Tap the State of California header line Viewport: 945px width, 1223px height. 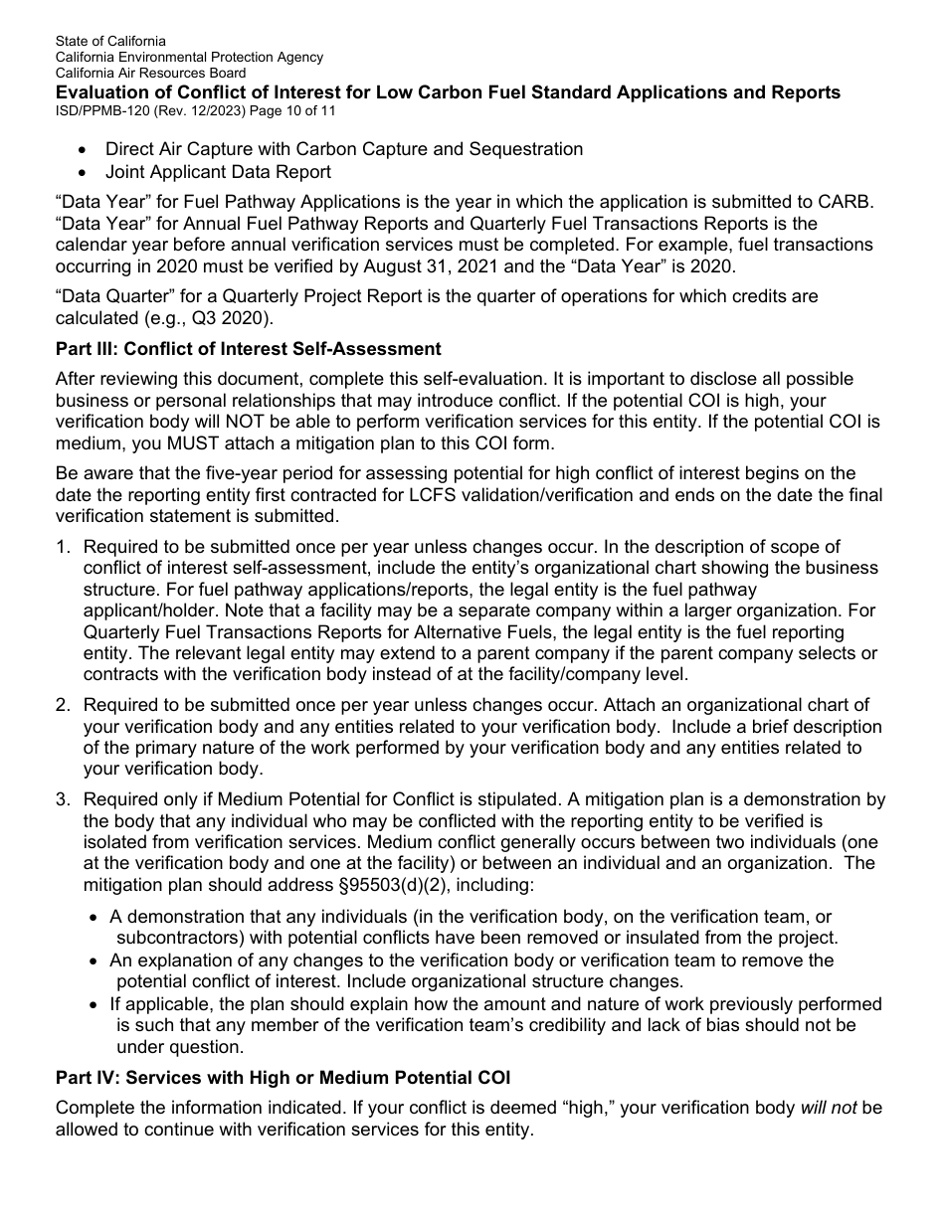(x=110, y=42)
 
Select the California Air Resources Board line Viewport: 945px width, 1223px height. (x=150, y=74)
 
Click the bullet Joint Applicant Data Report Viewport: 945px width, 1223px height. (x=218, y=172)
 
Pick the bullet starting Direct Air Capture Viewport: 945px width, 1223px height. (x=344, y=149)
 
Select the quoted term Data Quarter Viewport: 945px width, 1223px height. (x=108, y=297)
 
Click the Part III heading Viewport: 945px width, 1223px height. (x=248, y=349)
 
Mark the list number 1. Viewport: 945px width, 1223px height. (x=63, y=547)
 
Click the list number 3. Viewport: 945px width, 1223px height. (x=63, y=799)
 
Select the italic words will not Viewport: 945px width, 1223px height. (x=828, y=1108)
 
